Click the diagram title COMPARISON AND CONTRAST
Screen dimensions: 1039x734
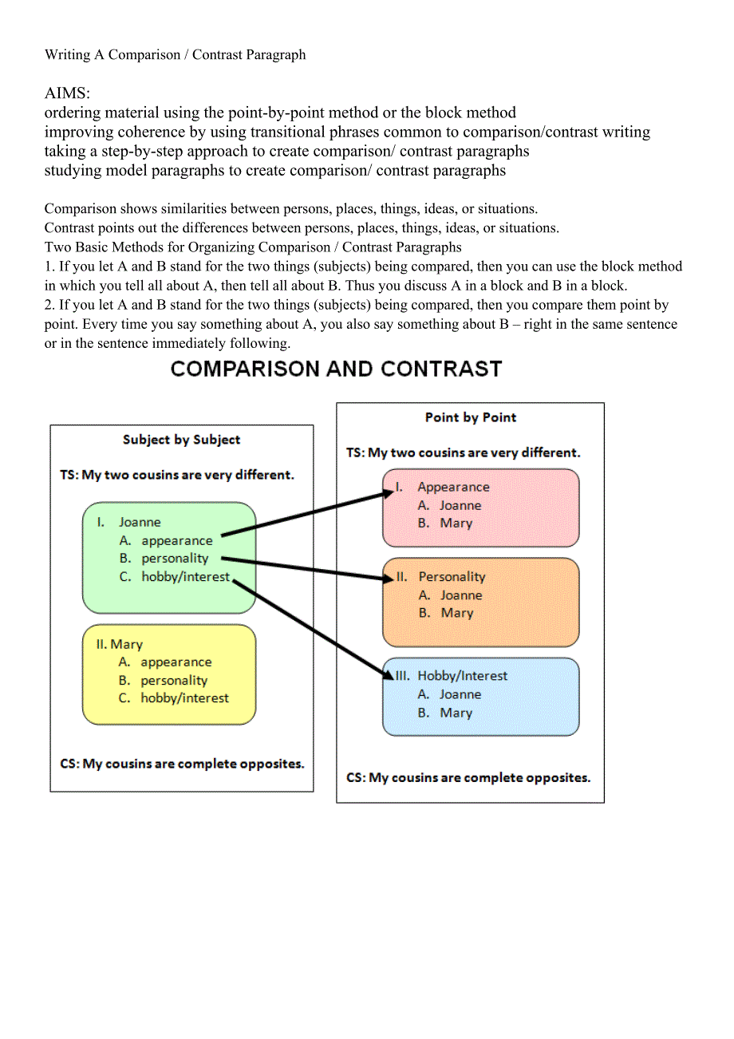pos(336,369)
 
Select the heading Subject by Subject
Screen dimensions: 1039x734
pos(181,440)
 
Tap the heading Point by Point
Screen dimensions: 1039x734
pos(471,417)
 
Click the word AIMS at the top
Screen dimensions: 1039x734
pos(67,93)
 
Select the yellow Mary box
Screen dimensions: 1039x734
pos(169,674)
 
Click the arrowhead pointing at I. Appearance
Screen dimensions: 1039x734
pos(388,493)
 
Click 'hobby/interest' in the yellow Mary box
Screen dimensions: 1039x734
pos(184,698)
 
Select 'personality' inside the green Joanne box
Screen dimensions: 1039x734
pos(175,559)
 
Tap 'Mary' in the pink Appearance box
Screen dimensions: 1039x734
pos(456,523)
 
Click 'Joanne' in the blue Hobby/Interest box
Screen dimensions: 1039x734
pos(460,694)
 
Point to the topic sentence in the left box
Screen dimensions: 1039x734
pos(177,475)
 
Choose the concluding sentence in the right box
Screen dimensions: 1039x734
pos(468,777)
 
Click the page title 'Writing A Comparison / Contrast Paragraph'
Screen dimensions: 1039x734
pos(176,55)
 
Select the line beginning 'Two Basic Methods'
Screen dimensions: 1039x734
pos(253,247)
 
